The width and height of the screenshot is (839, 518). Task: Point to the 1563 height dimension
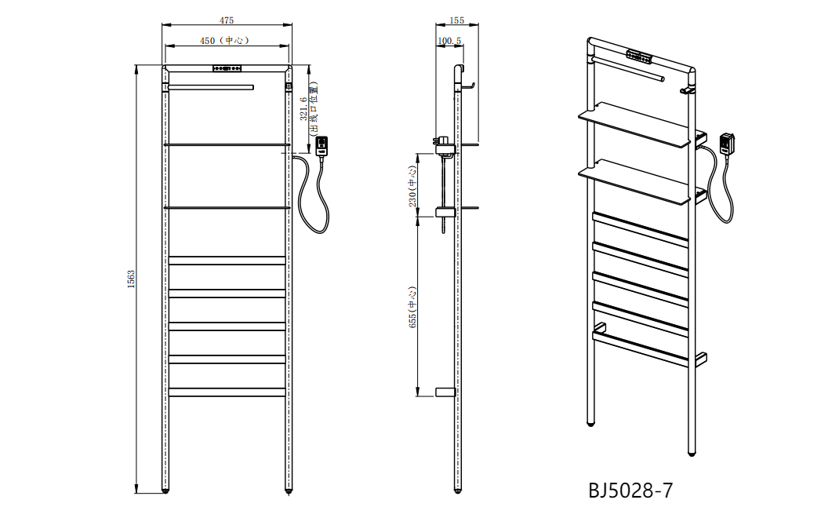click(x=132, y=278)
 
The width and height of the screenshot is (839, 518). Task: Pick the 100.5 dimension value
click(x=449, y=40)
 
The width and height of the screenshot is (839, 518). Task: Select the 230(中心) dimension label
click(x=412, y=185)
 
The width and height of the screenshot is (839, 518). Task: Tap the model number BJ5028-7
click(x=630, y=491)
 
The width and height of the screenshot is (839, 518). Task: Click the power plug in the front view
click(x=323, y=147)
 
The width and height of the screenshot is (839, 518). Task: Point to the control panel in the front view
click(x=227, y=67)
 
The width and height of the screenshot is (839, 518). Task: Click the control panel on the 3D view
click(x=640, y=57)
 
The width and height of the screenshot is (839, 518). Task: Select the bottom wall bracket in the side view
click(x=445, y=391)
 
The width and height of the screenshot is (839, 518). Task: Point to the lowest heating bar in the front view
click(x=227, y=392)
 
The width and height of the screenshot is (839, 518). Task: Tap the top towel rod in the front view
click(x=212, y=85)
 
